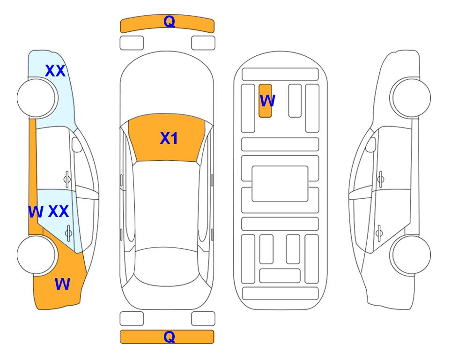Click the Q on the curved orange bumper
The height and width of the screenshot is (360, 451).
pyautogui.click(x=170, y=22)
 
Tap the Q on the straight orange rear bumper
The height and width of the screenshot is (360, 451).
pyautogui.click(x=170, y=337)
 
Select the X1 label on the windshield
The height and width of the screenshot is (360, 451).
pyautogui.click(x=169, y=138)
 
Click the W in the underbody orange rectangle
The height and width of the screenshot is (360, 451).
pyautogui.click(x=267, y=100)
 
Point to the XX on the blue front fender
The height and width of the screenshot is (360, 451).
pyautogui.click(x=56, y=71)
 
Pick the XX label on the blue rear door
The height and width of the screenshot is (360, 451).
pyautogui.click(x=59, y=211)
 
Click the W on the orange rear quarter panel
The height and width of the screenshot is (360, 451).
pyautogui.click(x=62, y=284)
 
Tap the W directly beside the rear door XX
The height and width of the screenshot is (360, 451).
pyautogui.click(x=36, y=212)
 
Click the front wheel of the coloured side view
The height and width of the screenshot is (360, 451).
pyautogui.click(x=37, y=98)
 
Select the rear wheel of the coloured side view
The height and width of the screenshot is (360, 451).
pyautogui.click(x=37, y=255)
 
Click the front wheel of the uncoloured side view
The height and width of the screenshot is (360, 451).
pyautogui.click(x=410, y=98)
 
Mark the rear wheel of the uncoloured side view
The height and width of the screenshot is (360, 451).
pyautogui.click(x=410, y=255)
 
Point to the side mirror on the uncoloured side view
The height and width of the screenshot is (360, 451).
pyautogui.click(x=371, y=144)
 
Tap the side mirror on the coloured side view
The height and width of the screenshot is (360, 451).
pyautogui.click(x=77, y=144)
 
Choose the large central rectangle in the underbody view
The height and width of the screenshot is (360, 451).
pyautogui.click(x=280, y=184)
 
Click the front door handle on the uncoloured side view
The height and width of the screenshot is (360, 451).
pyautogui.click(x=381, y=179)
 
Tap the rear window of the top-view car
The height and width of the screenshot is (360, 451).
pyautogui.click(x=167, y=266)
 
